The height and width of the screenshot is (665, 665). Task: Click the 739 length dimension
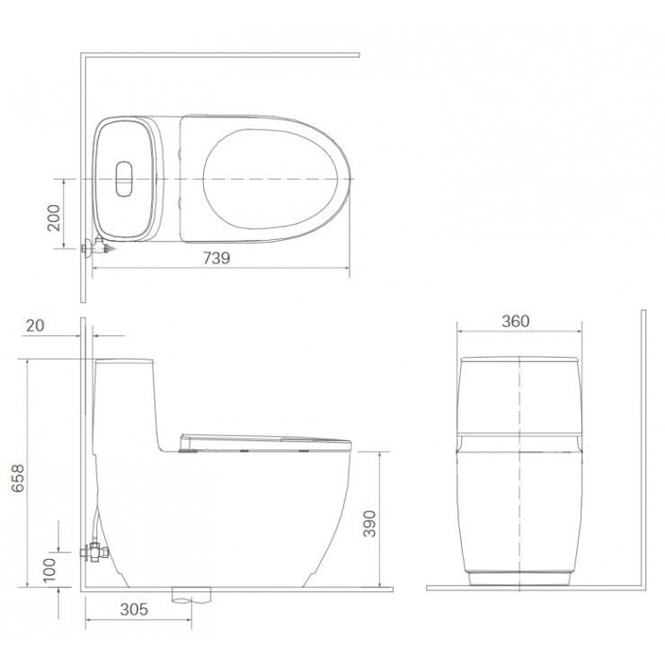(217, 258)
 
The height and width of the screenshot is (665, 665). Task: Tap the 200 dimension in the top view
(54, 217)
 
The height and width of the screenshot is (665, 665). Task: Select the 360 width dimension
(515, 321)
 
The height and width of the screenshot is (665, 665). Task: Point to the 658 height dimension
(18, 478)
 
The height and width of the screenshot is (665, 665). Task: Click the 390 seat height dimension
(369, 523)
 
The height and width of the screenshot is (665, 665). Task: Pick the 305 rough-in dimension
(134, 609)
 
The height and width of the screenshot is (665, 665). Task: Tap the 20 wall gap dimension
(35, 325)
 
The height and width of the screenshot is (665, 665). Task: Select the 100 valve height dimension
(49, 570)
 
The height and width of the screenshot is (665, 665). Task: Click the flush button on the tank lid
(124, 179)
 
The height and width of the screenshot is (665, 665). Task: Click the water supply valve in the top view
(98, 247)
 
